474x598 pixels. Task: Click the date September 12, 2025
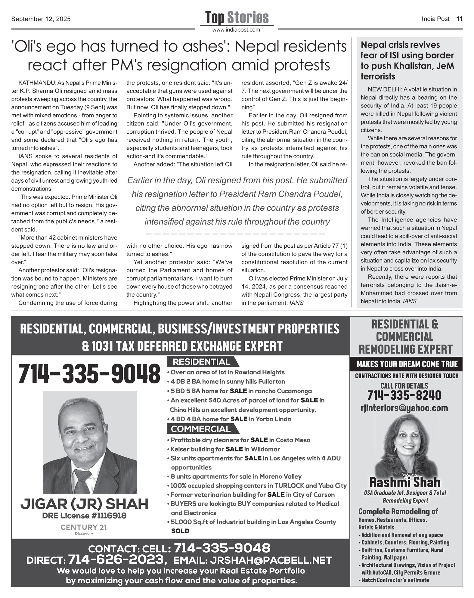pyautogui.click(x=41, y=19)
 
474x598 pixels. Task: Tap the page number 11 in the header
pyautogui.click(x=459, y=19)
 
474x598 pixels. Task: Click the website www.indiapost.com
pyautogui.click(x=236, y=30)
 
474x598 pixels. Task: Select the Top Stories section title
pyautogui.click(x=237, y=17)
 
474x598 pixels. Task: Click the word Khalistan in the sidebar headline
pyautogui.click(x=407, y=66)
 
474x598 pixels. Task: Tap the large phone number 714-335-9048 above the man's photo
pyautogui.click(x=89, y=374)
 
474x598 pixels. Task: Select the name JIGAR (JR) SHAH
pyautogui.click(x=84, y=504)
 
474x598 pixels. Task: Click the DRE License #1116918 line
pyautogui.click(x=84, y=516)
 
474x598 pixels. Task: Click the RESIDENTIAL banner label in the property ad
pyautogui.click(x=202, y=362)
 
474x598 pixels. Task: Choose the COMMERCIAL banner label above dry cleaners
pyautogui.click(x=201, y=429)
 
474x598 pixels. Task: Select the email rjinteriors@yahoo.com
pyautogui.click(x=404, y=408)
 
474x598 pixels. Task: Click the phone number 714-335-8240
pyautogui.click(x=404, y=395)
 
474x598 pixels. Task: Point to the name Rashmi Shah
pyautogui.click(x=405, y=482)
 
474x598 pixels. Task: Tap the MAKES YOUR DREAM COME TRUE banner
pyautogui.click(x=407, y=364)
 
